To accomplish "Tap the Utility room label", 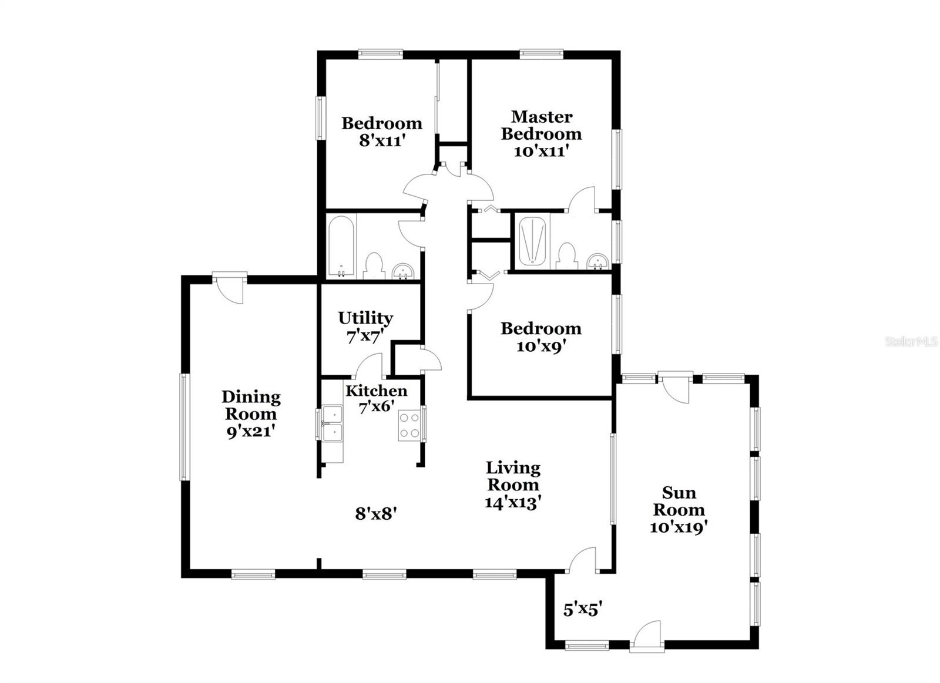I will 365,318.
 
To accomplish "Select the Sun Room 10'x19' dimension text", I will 678,527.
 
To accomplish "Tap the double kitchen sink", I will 333,423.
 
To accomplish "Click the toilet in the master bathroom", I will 566,256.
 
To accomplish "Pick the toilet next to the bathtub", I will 374,266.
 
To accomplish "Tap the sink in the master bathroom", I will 597,261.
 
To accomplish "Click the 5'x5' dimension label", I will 582,610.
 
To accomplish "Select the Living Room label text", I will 513,476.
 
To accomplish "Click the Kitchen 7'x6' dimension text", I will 376,406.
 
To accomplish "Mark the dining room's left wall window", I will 184,427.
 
